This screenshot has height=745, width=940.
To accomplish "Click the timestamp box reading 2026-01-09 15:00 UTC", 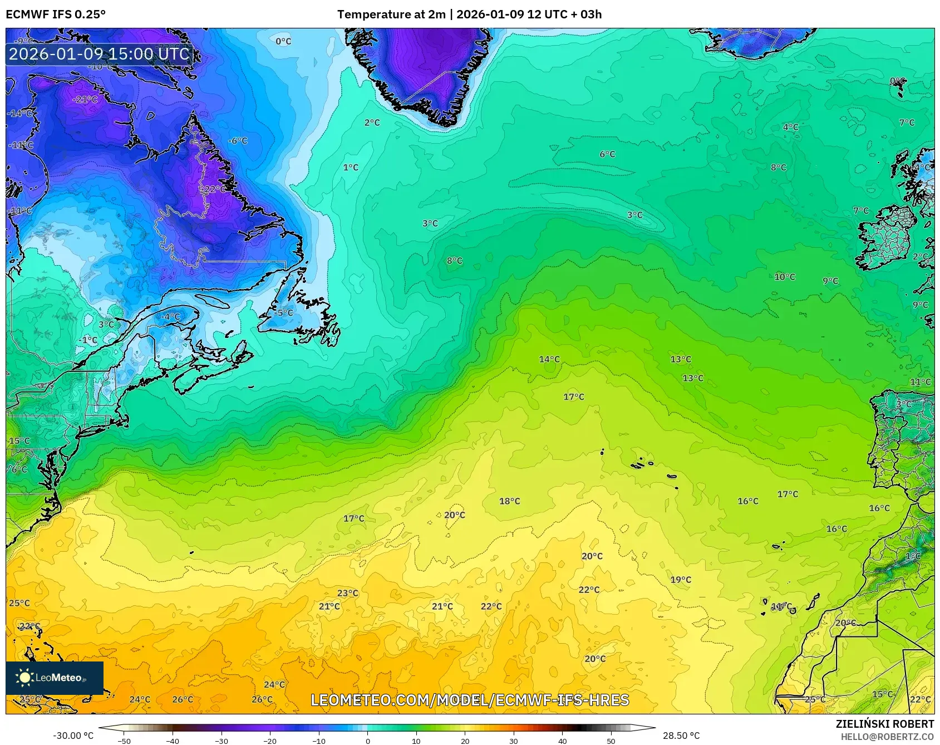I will pos(99,54).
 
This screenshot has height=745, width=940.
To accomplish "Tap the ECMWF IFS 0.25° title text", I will pos(56,14).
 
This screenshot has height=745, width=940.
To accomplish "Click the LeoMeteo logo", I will pos(55,678).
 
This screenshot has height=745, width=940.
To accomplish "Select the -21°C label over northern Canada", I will pos(86,99).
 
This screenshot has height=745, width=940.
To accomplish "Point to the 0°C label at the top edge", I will pos(283,41).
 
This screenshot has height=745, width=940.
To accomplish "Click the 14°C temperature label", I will pos(549,359).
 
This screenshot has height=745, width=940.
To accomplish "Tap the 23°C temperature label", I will pos(348,593).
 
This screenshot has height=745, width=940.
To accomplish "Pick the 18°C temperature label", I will pos(509,501).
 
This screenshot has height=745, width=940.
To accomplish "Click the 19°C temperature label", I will pos(681,580).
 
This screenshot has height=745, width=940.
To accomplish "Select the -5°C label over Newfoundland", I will pos(283,313).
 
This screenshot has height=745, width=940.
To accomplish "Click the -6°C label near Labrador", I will pos(238,141).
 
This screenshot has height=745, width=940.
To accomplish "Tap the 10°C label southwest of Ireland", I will pos(785,277).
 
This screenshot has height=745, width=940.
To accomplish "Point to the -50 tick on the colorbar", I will pos(124,741).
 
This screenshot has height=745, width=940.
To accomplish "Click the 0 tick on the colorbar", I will pos(367,741).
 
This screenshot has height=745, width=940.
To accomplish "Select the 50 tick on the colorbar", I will pos(611,741).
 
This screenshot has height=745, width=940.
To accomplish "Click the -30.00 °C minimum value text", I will pos(73,736).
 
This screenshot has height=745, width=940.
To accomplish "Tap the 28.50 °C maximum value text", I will pos(681,736).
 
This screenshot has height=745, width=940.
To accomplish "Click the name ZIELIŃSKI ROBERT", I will pos(884,724).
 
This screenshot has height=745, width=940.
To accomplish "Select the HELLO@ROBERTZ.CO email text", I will pos(887,737).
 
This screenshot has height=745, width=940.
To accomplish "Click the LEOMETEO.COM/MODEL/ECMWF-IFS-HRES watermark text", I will pos(470,700).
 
